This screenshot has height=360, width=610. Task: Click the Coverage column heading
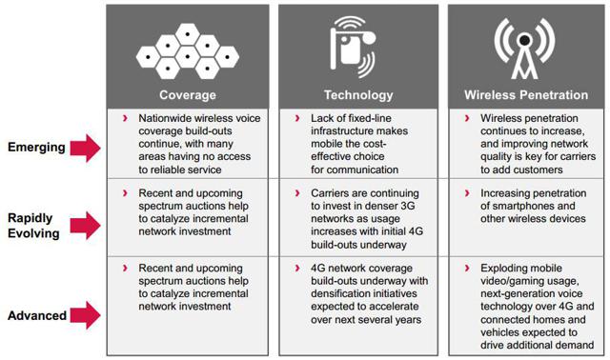point(188,95)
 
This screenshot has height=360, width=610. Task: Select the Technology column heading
point(358,95)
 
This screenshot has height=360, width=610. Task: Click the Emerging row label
point(36,147)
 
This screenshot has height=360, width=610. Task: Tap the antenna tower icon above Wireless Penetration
point(523,48)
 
